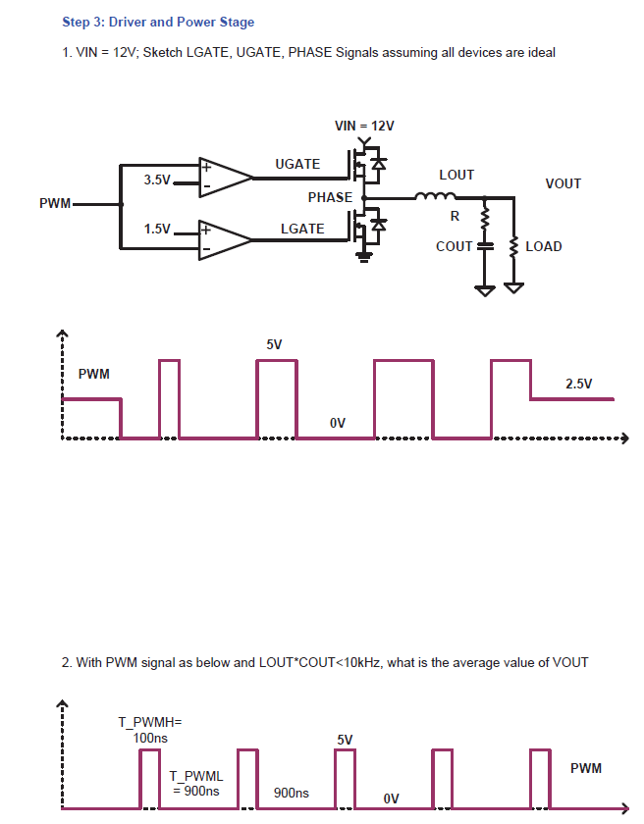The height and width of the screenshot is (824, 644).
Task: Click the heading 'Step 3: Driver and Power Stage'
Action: coord(158,22)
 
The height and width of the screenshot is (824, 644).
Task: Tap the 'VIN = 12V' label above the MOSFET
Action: coord(364,126)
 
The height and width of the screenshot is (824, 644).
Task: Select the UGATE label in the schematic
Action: coord(297,164)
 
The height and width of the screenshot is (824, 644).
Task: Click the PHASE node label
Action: coord(330,197)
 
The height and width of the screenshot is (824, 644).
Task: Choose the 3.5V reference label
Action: coord(157,180)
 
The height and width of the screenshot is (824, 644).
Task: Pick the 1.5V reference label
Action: coord(157,229)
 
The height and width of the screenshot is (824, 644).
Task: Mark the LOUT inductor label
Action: coord(456,175)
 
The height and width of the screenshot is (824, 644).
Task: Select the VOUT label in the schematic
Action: coord(563,183)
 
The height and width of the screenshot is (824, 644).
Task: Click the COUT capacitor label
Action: coord(455,246)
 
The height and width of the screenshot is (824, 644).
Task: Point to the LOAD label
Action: coord(544,246)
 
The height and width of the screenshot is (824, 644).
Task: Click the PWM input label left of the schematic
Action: coord(55,203)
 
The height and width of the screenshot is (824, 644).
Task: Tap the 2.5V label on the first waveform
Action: coord(579,384)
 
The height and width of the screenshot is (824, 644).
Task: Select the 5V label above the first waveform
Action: coord(274,344)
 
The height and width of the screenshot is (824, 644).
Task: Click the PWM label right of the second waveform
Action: coord(586,768)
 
